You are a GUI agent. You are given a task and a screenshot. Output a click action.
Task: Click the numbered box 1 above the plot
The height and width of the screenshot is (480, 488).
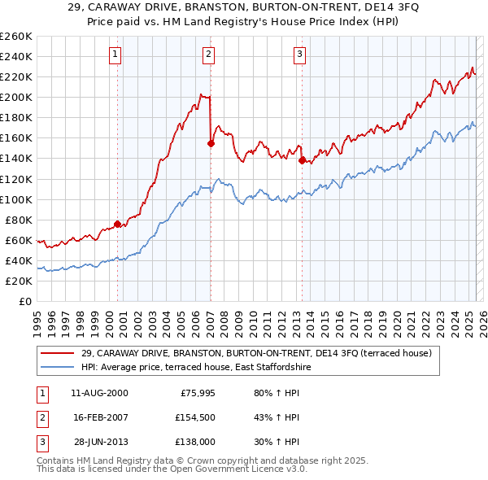click(x=116, y=55)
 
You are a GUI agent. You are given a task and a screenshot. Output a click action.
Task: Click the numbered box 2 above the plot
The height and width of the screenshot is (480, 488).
click(x=209, y=55)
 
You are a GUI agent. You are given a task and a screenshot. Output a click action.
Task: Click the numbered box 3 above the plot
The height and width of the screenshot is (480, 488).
click(x=300, y=55)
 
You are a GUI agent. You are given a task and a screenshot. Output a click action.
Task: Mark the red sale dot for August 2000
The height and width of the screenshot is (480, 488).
click(x=117, y=224)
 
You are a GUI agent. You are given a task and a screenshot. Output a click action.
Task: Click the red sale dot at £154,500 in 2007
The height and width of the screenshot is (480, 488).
click(x=211, y=143)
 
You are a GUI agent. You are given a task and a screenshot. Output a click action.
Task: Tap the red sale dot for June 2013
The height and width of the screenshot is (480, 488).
click(x=302, y=160)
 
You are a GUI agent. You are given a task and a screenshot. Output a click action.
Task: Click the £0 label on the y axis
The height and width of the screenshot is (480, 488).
click(x=25, y=301)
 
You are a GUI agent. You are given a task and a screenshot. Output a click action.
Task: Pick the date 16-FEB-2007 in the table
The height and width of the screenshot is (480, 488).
click(x=101, y=417)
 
